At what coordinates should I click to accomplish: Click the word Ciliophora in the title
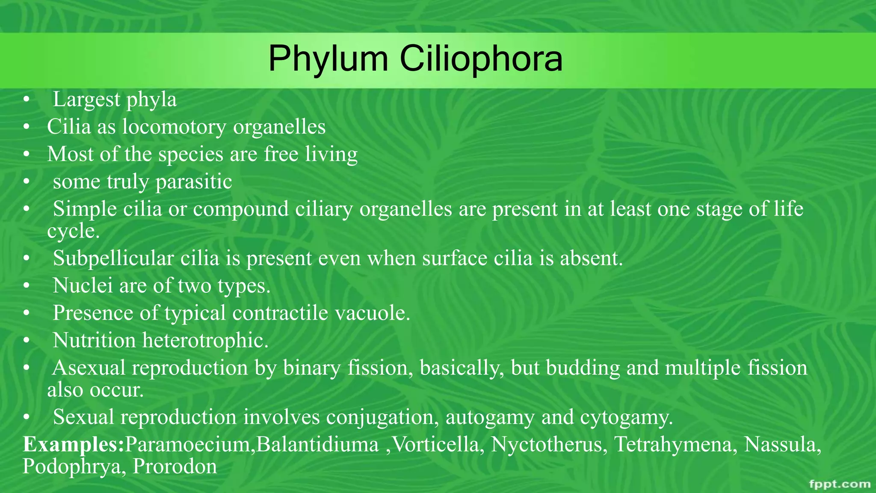(x=481, y=59)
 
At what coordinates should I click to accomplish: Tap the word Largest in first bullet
(x=87, y=100)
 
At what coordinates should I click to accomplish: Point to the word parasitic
(x=194, y=182)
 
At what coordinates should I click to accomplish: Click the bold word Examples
(x=73, y=445)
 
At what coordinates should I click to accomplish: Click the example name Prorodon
(x=175, y=466)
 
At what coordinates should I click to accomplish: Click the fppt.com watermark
(x=840, y=484)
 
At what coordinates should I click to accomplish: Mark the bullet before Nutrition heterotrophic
(x=27, y=341)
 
